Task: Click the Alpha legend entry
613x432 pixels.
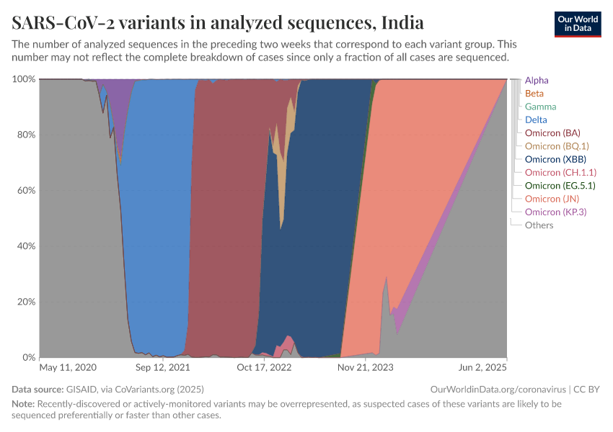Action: click(x=537, y=81)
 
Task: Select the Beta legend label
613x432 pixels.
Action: click(x=534, y=94)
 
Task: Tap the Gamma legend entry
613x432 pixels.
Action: click(x=540, y=107)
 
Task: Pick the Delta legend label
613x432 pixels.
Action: click(x=536, y=120)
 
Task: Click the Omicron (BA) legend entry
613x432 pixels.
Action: click(x=552, y=133)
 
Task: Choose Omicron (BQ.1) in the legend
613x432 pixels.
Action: click(x=555, y=146)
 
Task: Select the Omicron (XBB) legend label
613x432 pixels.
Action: click(x=554, y=159)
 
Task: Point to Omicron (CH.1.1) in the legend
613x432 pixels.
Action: click(x=560, y=173)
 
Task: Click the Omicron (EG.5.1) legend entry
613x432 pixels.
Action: click(x=560, y=186)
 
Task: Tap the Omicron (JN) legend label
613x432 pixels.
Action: click(x=552, y=199)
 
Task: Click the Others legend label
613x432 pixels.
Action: click(x=539, y=225)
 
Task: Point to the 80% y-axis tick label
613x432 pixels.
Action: click(x=24, y=135)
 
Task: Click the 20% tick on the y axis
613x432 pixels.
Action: click(x=24, y=302)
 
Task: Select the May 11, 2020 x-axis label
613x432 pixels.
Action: click(x=67, y=367)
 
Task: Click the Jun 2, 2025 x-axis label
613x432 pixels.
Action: click(x=482, y=367)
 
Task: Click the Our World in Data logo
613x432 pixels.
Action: click(x=578, y=24)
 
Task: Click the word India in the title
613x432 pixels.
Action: click(x=402, y=24)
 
